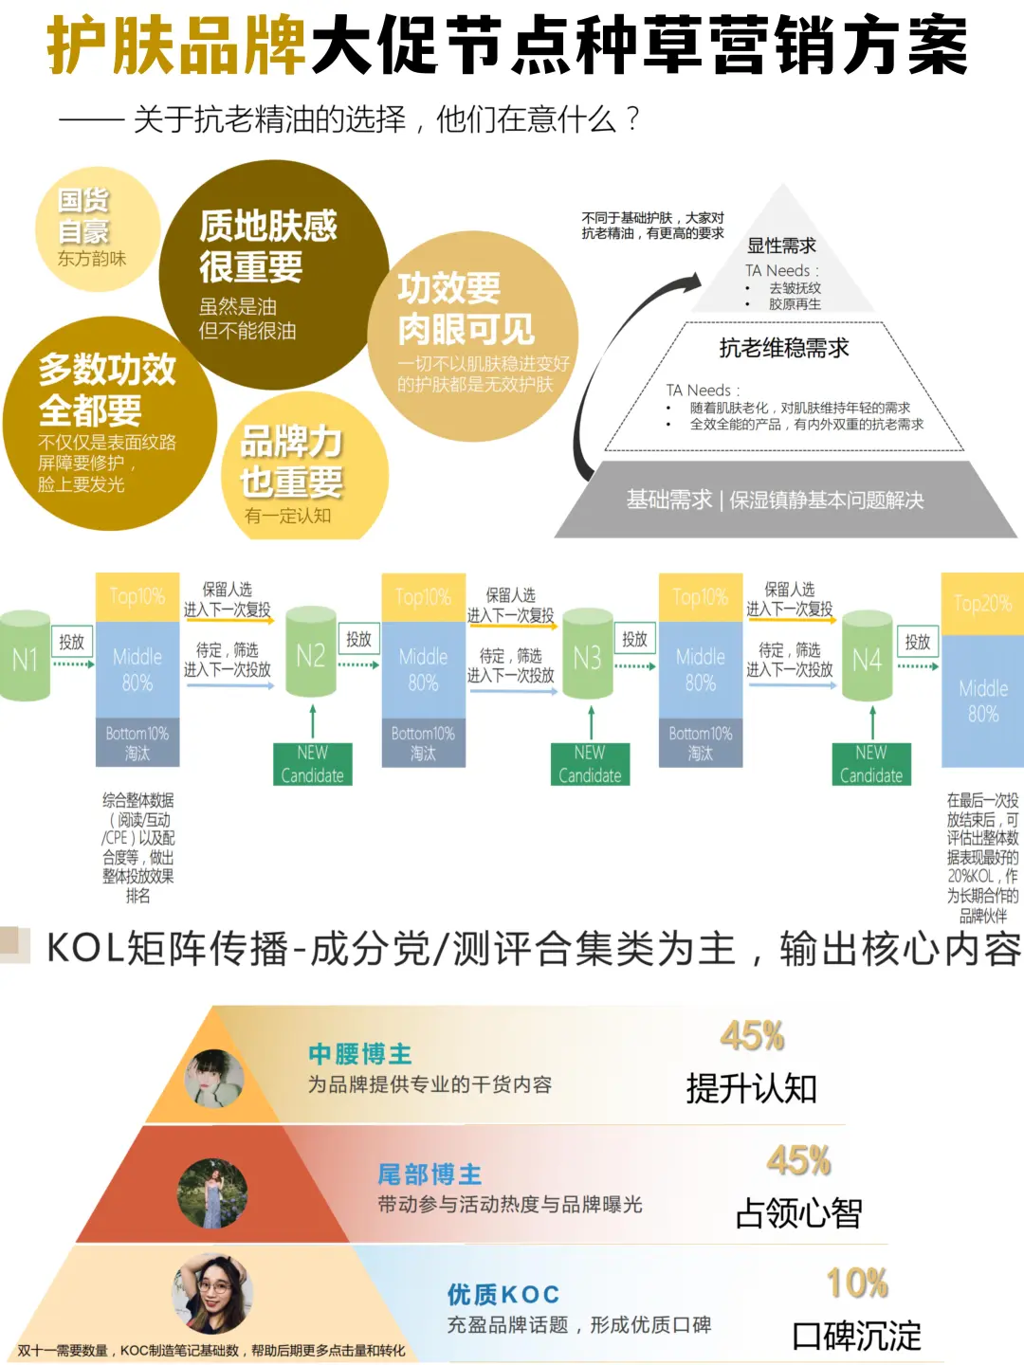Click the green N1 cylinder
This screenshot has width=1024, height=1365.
click(25, 656)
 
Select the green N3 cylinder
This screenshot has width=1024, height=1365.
click(587, 656)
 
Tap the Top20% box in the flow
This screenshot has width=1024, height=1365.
click(982, 604)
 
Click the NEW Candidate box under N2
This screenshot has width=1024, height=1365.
click(312, 764)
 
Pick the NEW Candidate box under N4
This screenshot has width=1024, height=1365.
click(870, 764)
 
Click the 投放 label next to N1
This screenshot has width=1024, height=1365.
click(71, 642)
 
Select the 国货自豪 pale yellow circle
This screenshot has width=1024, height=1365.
click(95, 228)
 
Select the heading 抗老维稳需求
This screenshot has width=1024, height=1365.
click(783, 348)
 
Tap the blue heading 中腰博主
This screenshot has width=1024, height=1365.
click(359, 1053)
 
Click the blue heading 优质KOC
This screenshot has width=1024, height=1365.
click(503, 1294)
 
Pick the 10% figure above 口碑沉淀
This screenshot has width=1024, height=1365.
click(857, 1283)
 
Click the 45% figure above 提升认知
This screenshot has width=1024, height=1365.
click(752, 1036)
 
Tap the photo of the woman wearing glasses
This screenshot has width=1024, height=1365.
click(214, 1293)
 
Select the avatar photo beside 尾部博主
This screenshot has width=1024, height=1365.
click(212, 1192)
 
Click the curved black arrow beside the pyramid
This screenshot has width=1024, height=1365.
click(616, 360)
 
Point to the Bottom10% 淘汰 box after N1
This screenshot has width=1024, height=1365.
click(137, 742)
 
